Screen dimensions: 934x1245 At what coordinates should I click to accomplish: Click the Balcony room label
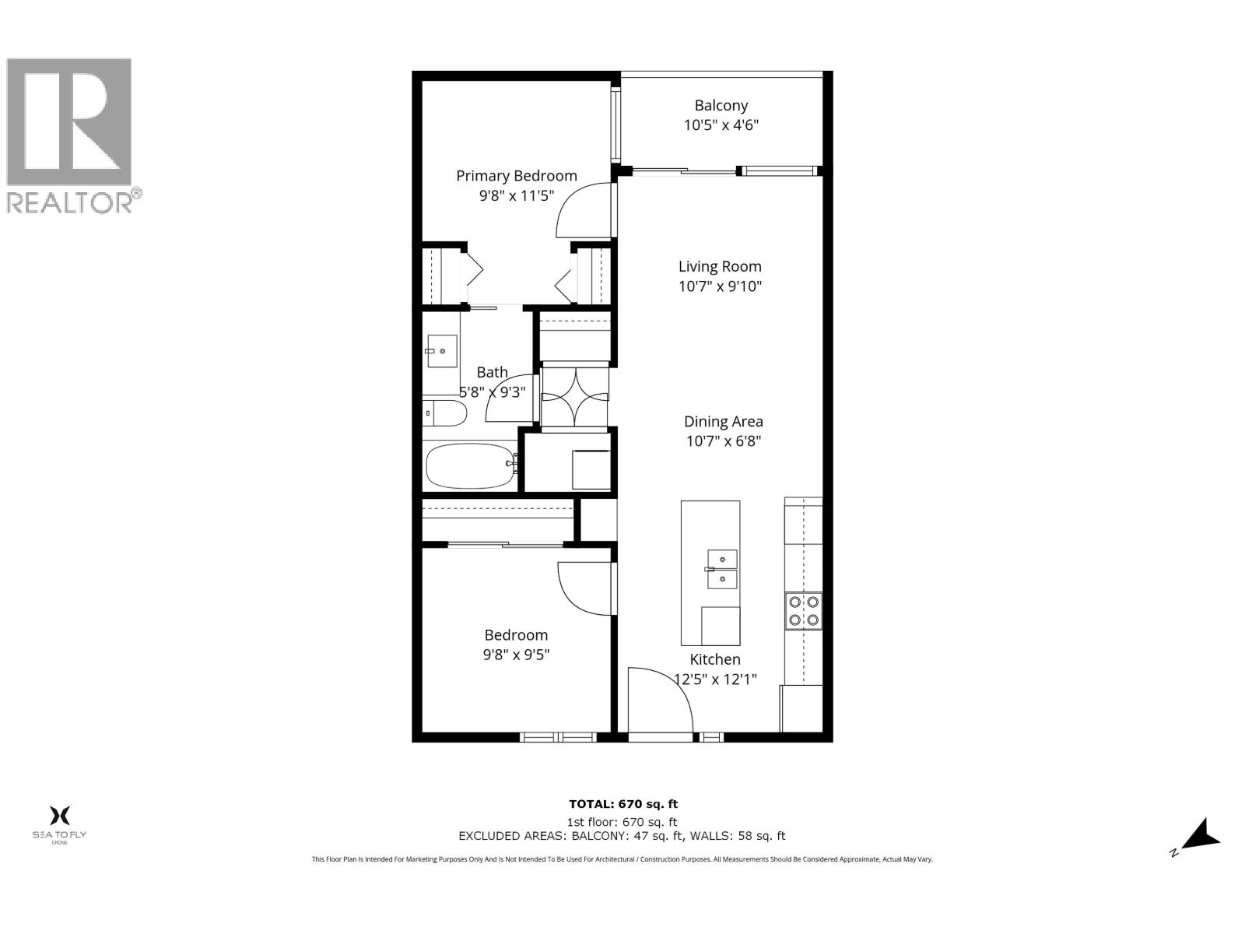tap(721, 105)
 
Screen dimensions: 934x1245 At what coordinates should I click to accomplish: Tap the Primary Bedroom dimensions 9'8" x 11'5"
tap(516, 196)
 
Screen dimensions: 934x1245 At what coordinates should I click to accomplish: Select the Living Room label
tap(720, 266)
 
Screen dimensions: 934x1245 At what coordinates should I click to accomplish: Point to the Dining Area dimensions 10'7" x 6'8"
tap(723, 441)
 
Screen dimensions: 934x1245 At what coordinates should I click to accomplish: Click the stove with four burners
tap(803, 611)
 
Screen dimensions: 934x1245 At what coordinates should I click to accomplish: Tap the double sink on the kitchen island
tap(721, 569)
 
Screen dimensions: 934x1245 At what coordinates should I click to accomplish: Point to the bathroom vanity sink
tap(441, 352)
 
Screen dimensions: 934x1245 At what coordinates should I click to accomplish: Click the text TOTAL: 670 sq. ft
tap(618, 804)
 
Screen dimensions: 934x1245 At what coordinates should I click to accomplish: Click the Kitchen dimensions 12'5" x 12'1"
tap(715, 679)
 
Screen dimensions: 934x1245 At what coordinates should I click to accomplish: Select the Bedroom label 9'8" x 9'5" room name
tap(516, 635)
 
